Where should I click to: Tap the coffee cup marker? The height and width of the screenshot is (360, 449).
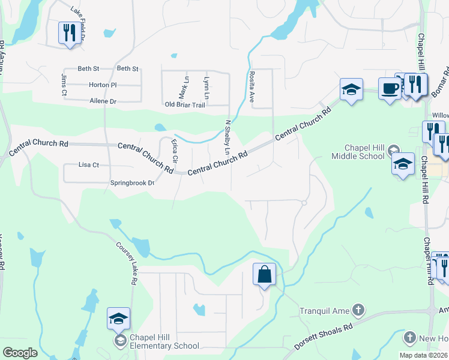click(x=390, y=89)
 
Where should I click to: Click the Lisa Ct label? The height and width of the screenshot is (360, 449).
click(x=89, y=164)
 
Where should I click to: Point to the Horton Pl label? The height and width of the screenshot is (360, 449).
click(x=102, y=85)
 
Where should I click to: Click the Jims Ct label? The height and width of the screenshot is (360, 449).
click(x=64, y=85)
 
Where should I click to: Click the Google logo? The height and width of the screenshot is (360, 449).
click(x=20, y=353)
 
